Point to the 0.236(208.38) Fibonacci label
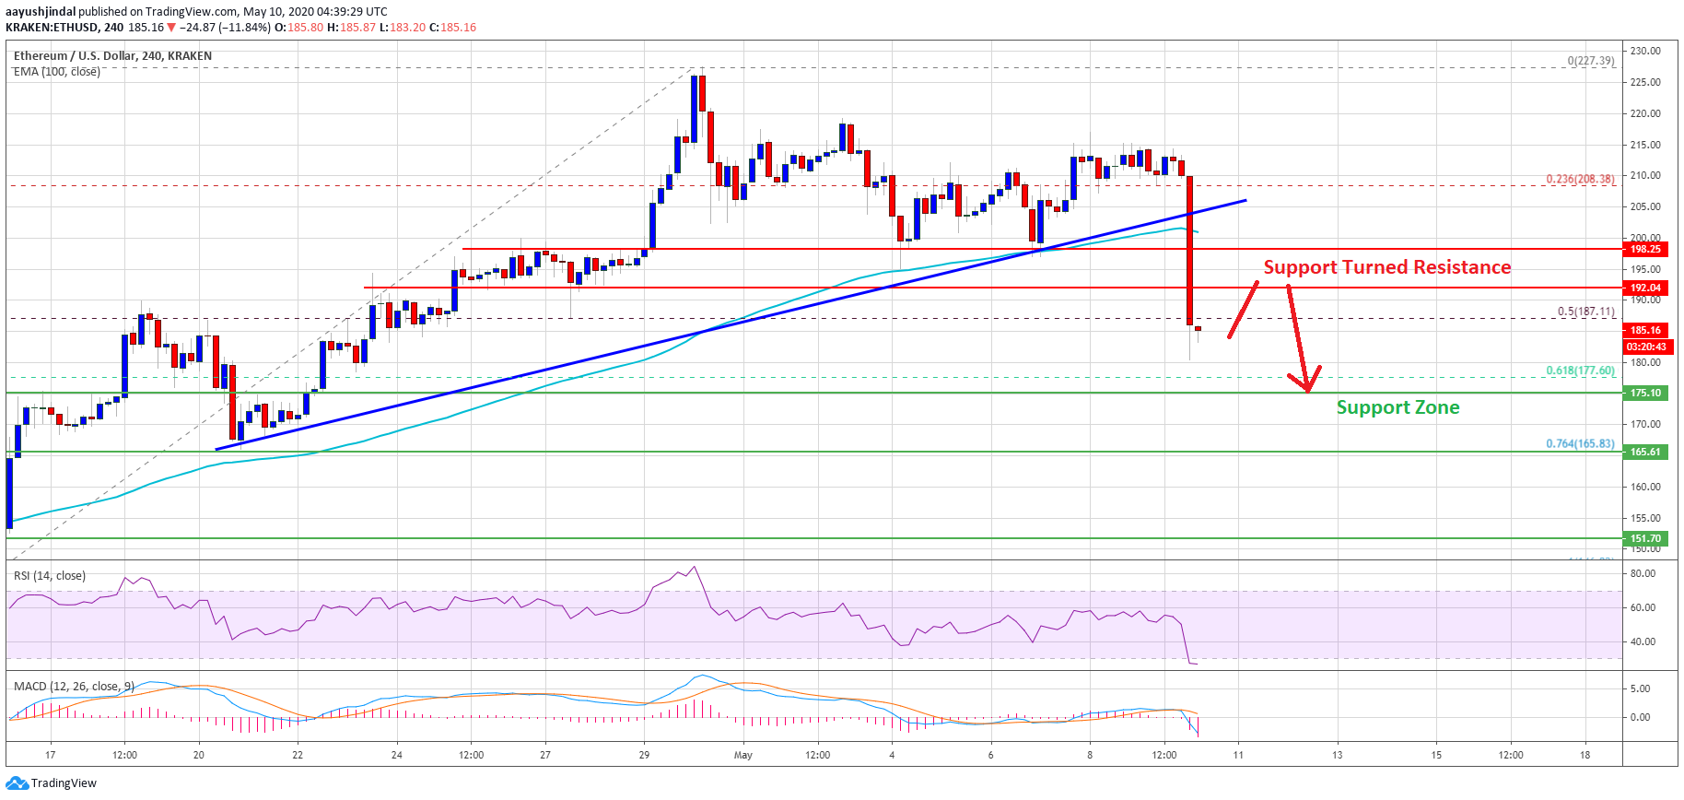[1580, 179]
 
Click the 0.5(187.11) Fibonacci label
[1585, 312]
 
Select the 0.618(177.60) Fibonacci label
[1580, 371]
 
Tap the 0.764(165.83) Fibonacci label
[1580, 443]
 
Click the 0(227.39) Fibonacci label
[1590, 61]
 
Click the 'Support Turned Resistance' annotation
[1386, 267]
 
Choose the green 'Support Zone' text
[1397, 407]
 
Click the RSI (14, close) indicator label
[50, 576]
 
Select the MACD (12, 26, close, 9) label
[74, 687]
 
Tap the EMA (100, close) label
[57, 72]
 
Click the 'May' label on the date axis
[743, 755]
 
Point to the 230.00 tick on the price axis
[1644, 51]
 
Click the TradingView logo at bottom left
[52, 783]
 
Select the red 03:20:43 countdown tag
[1645, 347]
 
